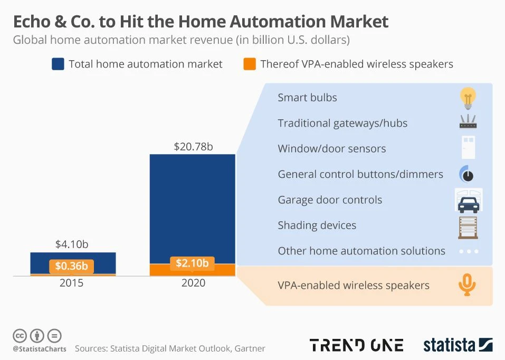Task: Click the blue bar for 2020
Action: (192, 209)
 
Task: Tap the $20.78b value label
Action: (193, 147)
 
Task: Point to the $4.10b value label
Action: (72, 244)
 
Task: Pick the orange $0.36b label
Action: (72, 266)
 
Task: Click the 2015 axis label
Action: (72, 283)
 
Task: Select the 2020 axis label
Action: (193, 283)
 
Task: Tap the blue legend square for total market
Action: (58, 64)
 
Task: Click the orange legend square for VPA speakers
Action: (250, 64)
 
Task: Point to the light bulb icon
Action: (468, 98)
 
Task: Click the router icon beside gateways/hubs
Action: (468, 123)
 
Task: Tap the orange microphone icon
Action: (467, 285)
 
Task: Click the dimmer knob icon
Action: (467, 174)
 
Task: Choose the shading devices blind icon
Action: (468, 226)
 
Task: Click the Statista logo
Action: (458, 345)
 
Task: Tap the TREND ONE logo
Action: (357, 345)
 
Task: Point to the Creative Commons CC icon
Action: (20, 336)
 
